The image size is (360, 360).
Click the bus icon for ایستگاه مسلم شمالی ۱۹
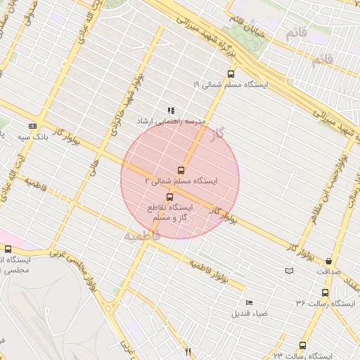click(x=231, y=74)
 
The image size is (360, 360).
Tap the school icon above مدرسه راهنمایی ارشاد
click(x=171, y=110)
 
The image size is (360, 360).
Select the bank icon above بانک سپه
click(x=32, y=125)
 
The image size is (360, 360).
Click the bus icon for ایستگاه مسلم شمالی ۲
click(x=181, y=170)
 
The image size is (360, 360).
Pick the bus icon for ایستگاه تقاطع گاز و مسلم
click(x=169, y=197)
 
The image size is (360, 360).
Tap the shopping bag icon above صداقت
click(x=328, y=261)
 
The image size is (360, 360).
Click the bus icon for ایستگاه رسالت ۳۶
click(x=325, y=292)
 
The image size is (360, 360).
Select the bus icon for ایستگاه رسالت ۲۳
click(x=302, y=346)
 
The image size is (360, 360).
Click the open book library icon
click(x=288, y=271)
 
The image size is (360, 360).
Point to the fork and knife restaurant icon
click(x=187, y=352)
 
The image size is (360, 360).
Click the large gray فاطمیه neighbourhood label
click(x=142, y=235)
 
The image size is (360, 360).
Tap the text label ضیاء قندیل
click(x=250, y=314)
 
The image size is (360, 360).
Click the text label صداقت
click(x=328, y=271)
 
